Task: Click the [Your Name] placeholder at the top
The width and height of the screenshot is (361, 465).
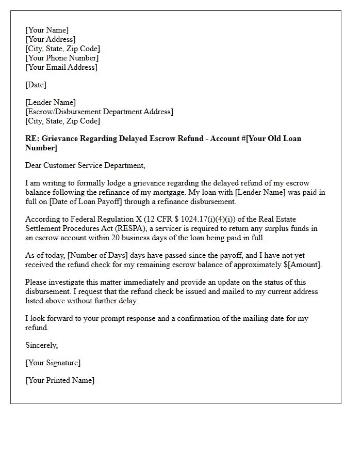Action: click(47, 30)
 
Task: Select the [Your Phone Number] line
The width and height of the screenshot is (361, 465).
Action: click(62, 58)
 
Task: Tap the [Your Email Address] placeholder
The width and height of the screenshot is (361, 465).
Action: click(61, 67)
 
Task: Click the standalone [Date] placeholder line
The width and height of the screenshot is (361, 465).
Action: click(36, 85)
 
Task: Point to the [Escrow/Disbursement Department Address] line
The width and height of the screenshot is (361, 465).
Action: click(99, 112)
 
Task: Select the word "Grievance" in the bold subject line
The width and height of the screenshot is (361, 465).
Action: click(60, 138)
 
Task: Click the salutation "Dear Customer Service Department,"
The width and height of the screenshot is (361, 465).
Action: click(86, 165)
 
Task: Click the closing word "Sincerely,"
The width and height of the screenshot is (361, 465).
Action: click(42, 345)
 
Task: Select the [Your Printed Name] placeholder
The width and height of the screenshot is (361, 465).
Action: click(60, 380)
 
